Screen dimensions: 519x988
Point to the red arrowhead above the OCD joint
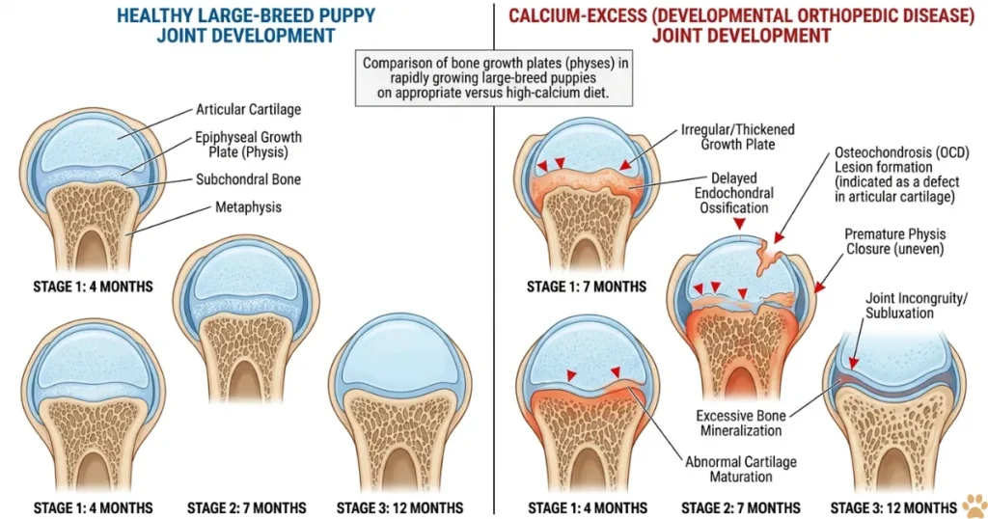pyautogui.click(x=739, y=224)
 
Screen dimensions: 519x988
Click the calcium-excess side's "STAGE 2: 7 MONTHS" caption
pyautogui.click(x=741, y=507)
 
